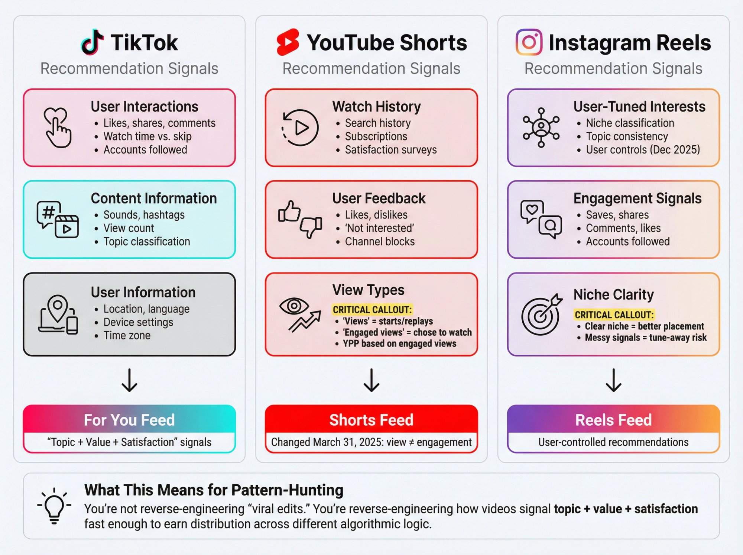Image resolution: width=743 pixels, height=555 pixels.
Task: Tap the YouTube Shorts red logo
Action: (x=288, y=42)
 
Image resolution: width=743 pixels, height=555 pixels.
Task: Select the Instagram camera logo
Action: (x=529, y=42)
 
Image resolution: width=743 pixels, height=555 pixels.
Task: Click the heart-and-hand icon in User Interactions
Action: (x=57, y=128)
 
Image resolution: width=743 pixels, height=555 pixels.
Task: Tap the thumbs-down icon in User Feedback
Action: (x=311, y=227)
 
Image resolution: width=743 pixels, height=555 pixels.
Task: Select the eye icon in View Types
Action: (x=294, y=306)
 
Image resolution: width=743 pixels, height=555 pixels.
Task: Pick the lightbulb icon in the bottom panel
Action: (x=54, y=506)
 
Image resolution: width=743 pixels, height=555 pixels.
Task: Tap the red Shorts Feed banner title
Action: (x=371, y=420)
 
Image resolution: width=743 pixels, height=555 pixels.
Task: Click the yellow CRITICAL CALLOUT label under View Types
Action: (x=372, y=310)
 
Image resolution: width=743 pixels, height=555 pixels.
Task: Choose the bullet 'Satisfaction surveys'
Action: (x=390, y=150)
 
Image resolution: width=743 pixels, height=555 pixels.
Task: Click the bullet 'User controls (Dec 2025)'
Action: (x=643, y=150)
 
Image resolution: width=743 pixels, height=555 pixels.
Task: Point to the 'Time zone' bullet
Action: (x=127, y=336)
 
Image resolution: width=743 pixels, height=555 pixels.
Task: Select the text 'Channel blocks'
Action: (x=380, y=242)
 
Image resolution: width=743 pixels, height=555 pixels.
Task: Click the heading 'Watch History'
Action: (x=376, y=107)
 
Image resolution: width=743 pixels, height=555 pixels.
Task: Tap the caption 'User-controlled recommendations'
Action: (x=613, y=442)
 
